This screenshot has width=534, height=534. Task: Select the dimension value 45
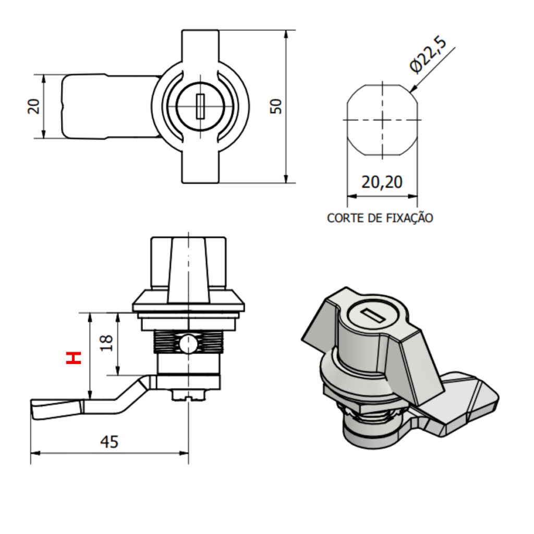click(110, 442)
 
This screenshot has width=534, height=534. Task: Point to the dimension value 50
click(276, 106)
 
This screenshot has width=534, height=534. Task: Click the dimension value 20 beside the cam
click(34, 106)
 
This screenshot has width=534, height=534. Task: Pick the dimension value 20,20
click(382, 182)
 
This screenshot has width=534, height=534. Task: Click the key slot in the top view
click(200, 106)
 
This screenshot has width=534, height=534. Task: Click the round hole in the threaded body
click(187, 344)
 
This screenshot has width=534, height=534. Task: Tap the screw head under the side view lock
click(188, 396)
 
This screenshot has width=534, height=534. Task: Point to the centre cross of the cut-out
click(383, 120)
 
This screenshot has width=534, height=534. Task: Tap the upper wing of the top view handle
click(200, 47)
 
